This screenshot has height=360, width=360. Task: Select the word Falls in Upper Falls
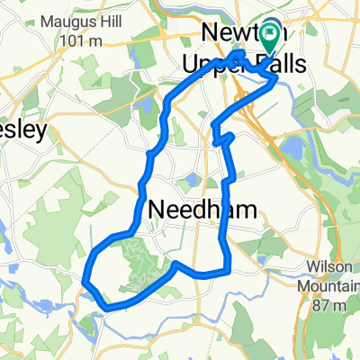(x=279, y=64)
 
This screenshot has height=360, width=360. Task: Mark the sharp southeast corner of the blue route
(x=229, y=267)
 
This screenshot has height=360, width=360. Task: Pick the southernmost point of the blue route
(x=109, y=308)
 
